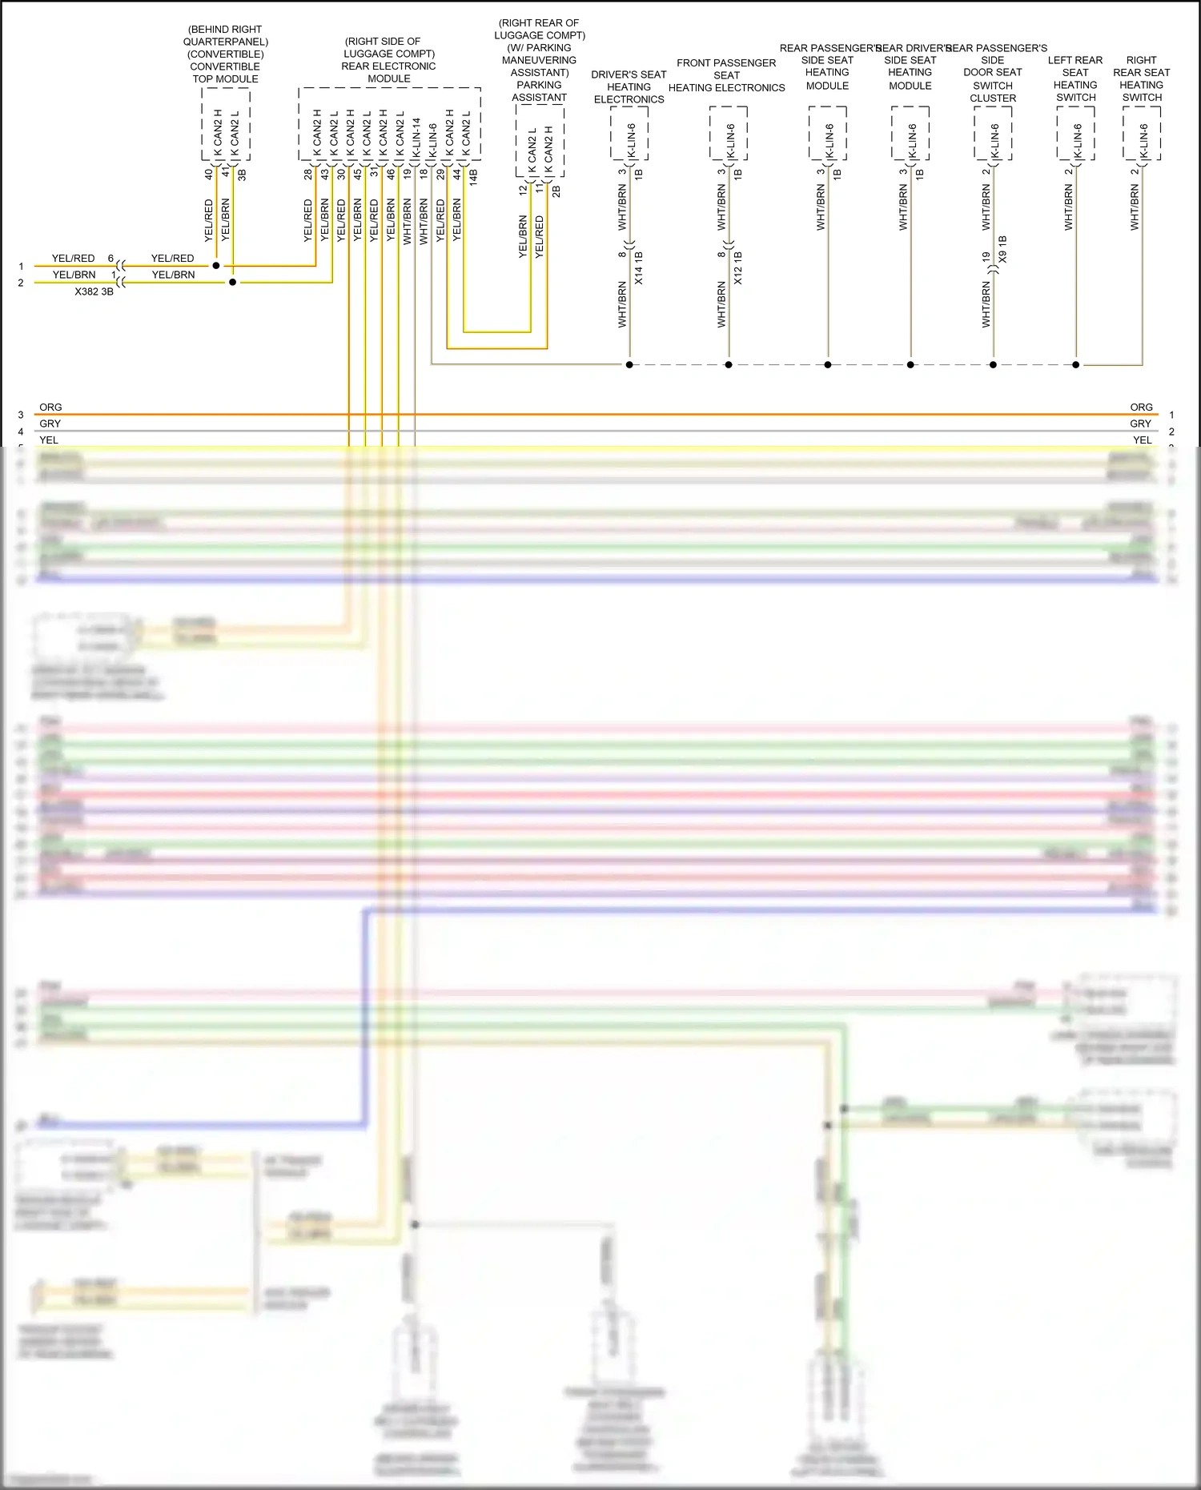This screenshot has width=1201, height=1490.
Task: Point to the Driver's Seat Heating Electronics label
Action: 629,86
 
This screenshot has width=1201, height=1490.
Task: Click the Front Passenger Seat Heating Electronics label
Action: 726,75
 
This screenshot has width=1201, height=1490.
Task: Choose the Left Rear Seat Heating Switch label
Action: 1075,78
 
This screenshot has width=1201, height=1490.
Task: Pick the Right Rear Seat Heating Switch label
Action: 1141,78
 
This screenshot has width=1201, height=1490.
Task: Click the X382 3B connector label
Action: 94,292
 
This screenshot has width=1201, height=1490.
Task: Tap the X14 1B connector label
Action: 639,268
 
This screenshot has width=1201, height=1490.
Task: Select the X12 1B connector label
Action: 738,268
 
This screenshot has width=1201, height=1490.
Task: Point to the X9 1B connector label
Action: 1002,250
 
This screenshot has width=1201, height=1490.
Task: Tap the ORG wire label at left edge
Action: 50,408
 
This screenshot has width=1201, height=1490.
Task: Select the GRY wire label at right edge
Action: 1141,424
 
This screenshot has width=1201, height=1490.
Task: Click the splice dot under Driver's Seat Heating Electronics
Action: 629,365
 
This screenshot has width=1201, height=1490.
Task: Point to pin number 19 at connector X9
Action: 986,257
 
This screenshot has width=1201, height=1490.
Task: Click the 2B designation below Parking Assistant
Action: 556,191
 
